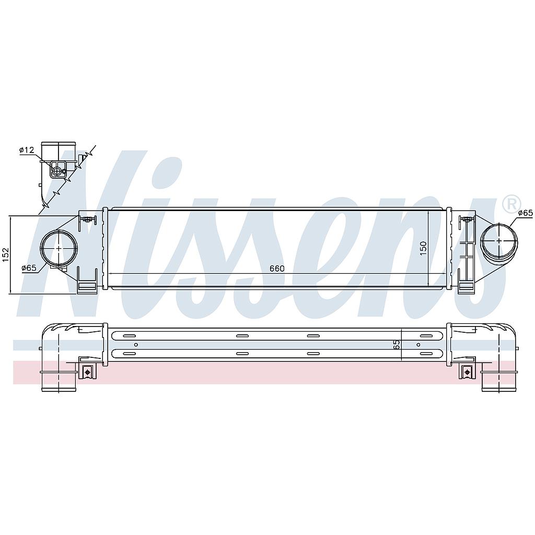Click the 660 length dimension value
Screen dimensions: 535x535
tap(277, 269)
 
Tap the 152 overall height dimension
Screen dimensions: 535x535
tap(6, 254)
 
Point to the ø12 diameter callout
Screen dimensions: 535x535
tap(27, 150)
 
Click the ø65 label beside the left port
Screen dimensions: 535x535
tap(29, 268)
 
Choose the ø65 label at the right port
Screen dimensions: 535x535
tap(525, 213)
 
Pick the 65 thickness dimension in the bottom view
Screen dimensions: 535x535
tap(397, 344)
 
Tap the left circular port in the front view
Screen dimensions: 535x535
tap(59, 248)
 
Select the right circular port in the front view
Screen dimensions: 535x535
tap(499, 240)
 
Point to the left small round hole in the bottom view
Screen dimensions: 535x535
tap(136, 345)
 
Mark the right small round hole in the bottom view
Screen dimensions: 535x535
tap(418, 345)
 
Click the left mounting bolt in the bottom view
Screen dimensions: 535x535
tap(88, 372)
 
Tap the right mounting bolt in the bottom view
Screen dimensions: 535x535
tap(466, 372)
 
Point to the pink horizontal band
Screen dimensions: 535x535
tap(261, 372)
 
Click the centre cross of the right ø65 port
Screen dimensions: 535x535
tap(499, 240)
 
